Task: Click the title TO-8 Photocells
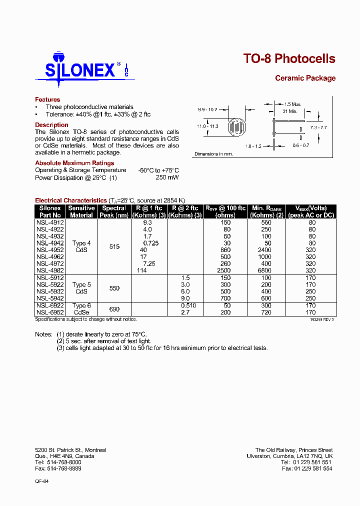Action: tap(289, 58)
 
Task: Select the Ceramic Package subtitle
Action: tap(305, 78)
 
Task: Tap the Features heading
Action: tap(47, 99)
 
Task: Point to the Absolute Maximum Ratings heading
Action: tap(74, 163)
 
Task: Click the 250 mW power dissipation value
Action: tap(167, 177)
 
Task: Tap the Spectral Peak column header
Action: tap(114, 211)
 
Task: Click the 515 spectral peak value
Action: tap(114, 246)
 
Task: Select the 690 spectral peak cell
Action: tap(114, 309)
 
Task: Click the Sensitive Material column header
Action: tap(81, 211)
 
